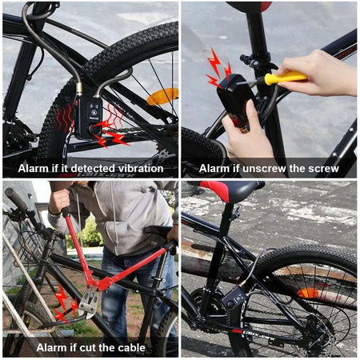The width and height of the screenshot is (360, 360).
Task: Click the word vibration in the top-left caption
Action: tap(142, 168)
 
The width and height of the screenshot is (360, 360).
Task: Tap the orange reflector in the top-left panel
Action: tap(162, 97)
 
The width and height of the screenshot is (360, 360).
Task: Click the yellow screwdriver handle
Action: tap(286, 78)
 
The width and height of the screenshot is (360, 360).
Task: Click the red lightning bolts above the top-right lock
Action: tap(218, 67)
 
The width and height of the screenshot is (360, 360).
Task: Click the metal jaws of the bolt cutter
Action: tap(89, 301)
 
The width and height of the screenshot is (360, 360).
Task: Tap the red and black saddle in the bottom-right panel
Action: tap(232, 190)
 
